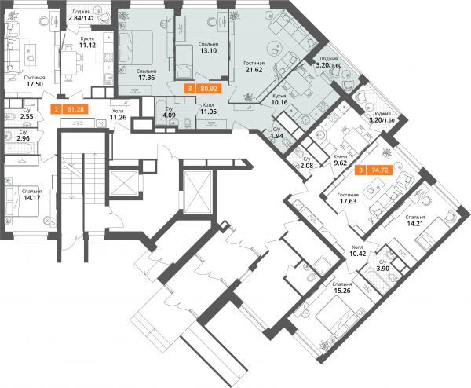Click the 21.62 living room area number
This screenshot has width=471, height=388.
tap(254, 70)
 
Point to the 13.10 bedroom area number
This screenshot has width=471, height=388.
tap(208, 50)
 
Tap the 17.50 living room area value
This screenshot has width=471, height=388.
tap(35, 84)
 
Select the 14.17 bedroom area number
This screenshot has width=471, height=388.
tap(32, 198)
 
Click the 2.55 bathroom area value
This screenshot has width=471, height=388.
tap(27, 116)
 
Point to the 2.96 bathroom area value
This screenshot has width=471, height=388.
tap(24, 138)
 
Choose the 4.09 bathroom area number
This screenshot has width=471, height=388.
tap(169, 115)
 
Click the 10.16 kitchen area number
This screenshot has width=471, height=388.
tap(279, 102)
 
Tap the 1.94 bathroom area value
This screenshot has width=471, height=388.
tap(276, 136)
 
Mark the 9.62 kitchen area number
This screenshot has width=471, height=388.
tap(341, 163)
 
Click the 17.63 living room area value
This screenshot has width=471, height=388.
tap(348, 201)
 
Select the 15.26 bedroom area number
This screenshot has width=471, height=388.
tap(342, 291)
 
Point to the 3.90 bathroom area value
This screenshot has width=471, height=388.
tap(383, 269)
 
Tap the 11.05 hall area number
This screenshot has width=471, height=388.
tap(208, 112)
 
